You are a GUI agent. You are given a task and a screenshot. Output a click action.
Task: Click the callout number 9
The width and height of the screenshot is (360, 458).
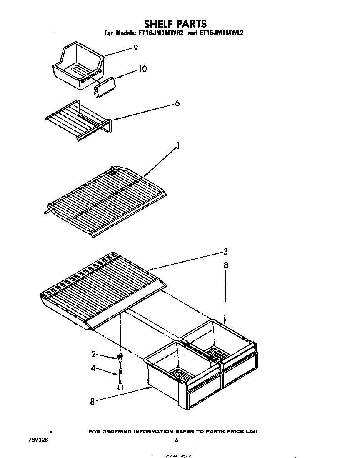[135, 48]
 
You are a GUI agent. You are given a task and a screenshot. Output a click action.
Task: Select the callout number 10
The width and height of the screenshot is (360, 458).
[142, 69]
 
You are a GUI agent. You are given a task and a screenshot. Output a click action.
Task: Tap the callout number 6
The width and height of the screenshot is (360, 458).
[177, 103]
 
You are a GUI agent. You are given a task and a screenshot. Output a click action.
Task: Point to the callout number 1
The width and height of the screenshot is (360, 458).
[178, 145]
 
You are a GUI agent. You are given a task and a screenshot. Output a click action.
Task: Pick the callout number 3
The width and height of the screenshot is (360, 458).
[225, 251]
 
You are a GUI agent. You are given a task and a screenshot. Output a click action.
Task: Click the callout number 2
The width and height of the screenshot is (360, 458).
[94, 354]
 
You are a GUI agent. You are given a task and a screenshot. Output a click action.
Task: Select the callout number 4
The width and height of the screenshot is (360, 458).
[94, 368]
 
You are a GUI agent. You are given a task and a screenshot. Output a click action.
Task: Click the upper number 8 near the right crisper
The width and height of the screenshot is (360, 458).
[226, 265]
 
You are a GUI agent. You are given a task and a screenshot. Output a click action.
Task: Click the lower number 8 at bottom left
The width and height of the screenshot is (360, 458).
[92, 402]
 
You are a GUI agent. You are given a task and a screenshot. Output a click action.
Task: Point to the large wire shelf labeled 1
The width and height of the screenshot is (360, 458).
[106, 200]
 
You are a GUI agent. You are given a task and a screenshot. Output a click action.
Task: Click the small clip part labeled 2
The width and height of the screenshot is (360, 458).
[120, 355]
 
